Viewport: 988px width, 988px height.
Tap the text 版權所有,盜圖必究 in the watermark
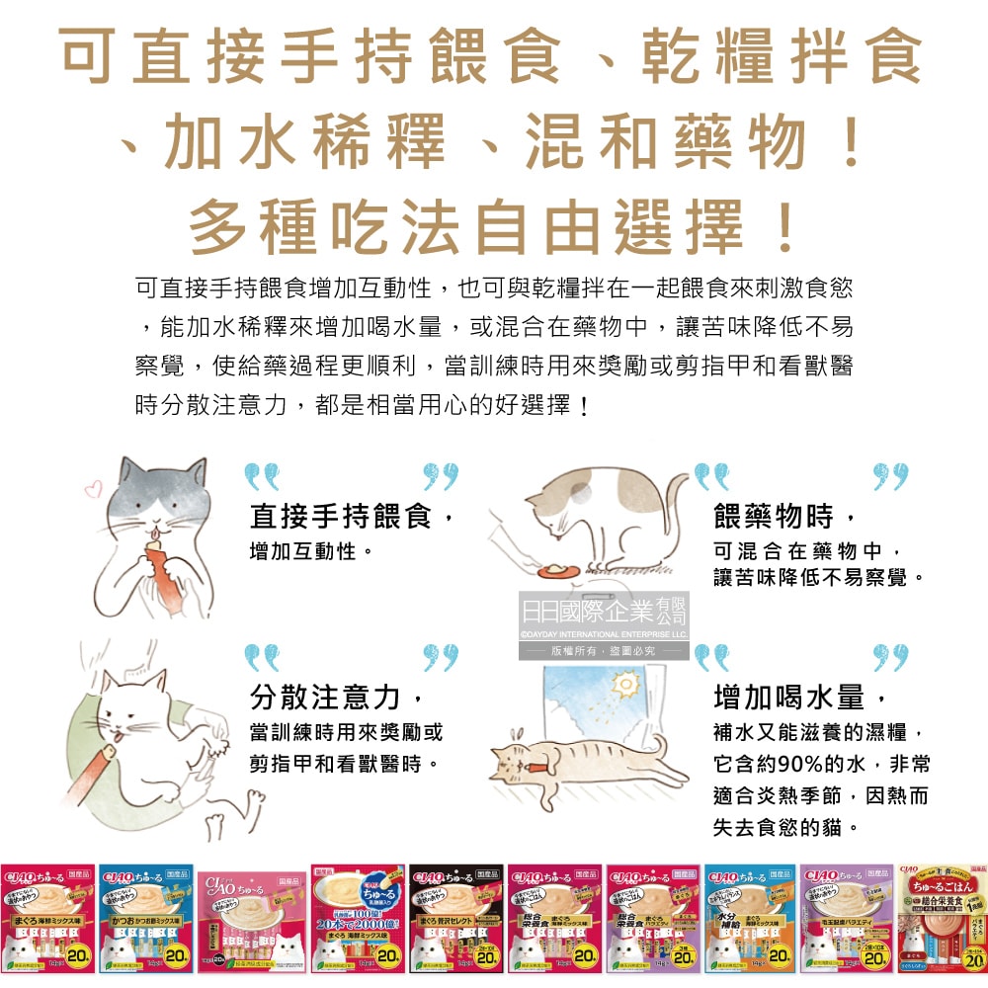tap(604, 651)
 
